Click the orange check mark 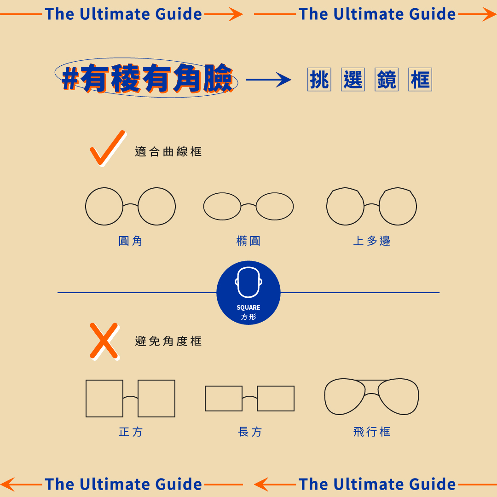tap(107, 148)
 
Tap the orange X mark tap(104, 341)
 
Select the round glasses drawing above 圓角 tap(130, 206)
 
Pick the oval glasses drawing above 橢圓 tap(248, 206)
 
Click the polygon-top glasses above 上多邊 tap(371, 206)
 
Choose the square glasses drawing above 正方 tap(130, 399)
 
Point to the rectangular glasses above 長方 tap(249, 399)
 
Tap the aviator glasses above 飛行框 tap(371, 397)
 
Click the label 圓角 tap(131, 241)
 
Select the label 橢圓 tap(248, 241)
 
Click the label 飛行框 tap(372, 432)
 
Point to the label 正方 tap(131, 432)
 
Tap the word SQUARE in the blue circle tap(248, 307)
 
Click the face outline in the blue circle tap(248, 283)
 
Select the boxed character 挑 tap(319, 80)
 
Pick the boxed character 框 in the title tap(420, 80)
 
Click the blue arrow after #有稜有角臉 tap(268, 80)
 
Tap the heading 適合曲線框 tap(168, 151)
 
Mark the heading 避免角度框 tap(168, 341)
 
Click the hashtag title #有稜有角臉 tap(147, 79)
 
